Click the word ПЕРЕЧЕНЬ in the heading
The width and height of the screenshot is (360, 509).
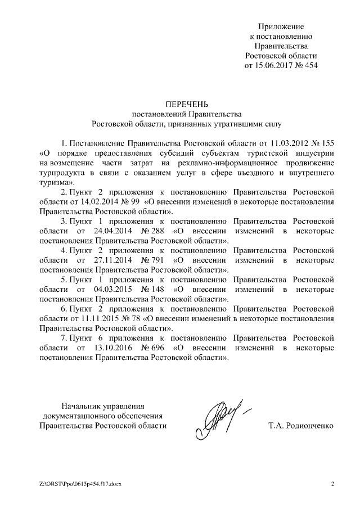pos(186,103)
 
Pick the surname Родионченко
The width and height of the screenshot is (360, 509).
pos(308,425)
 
